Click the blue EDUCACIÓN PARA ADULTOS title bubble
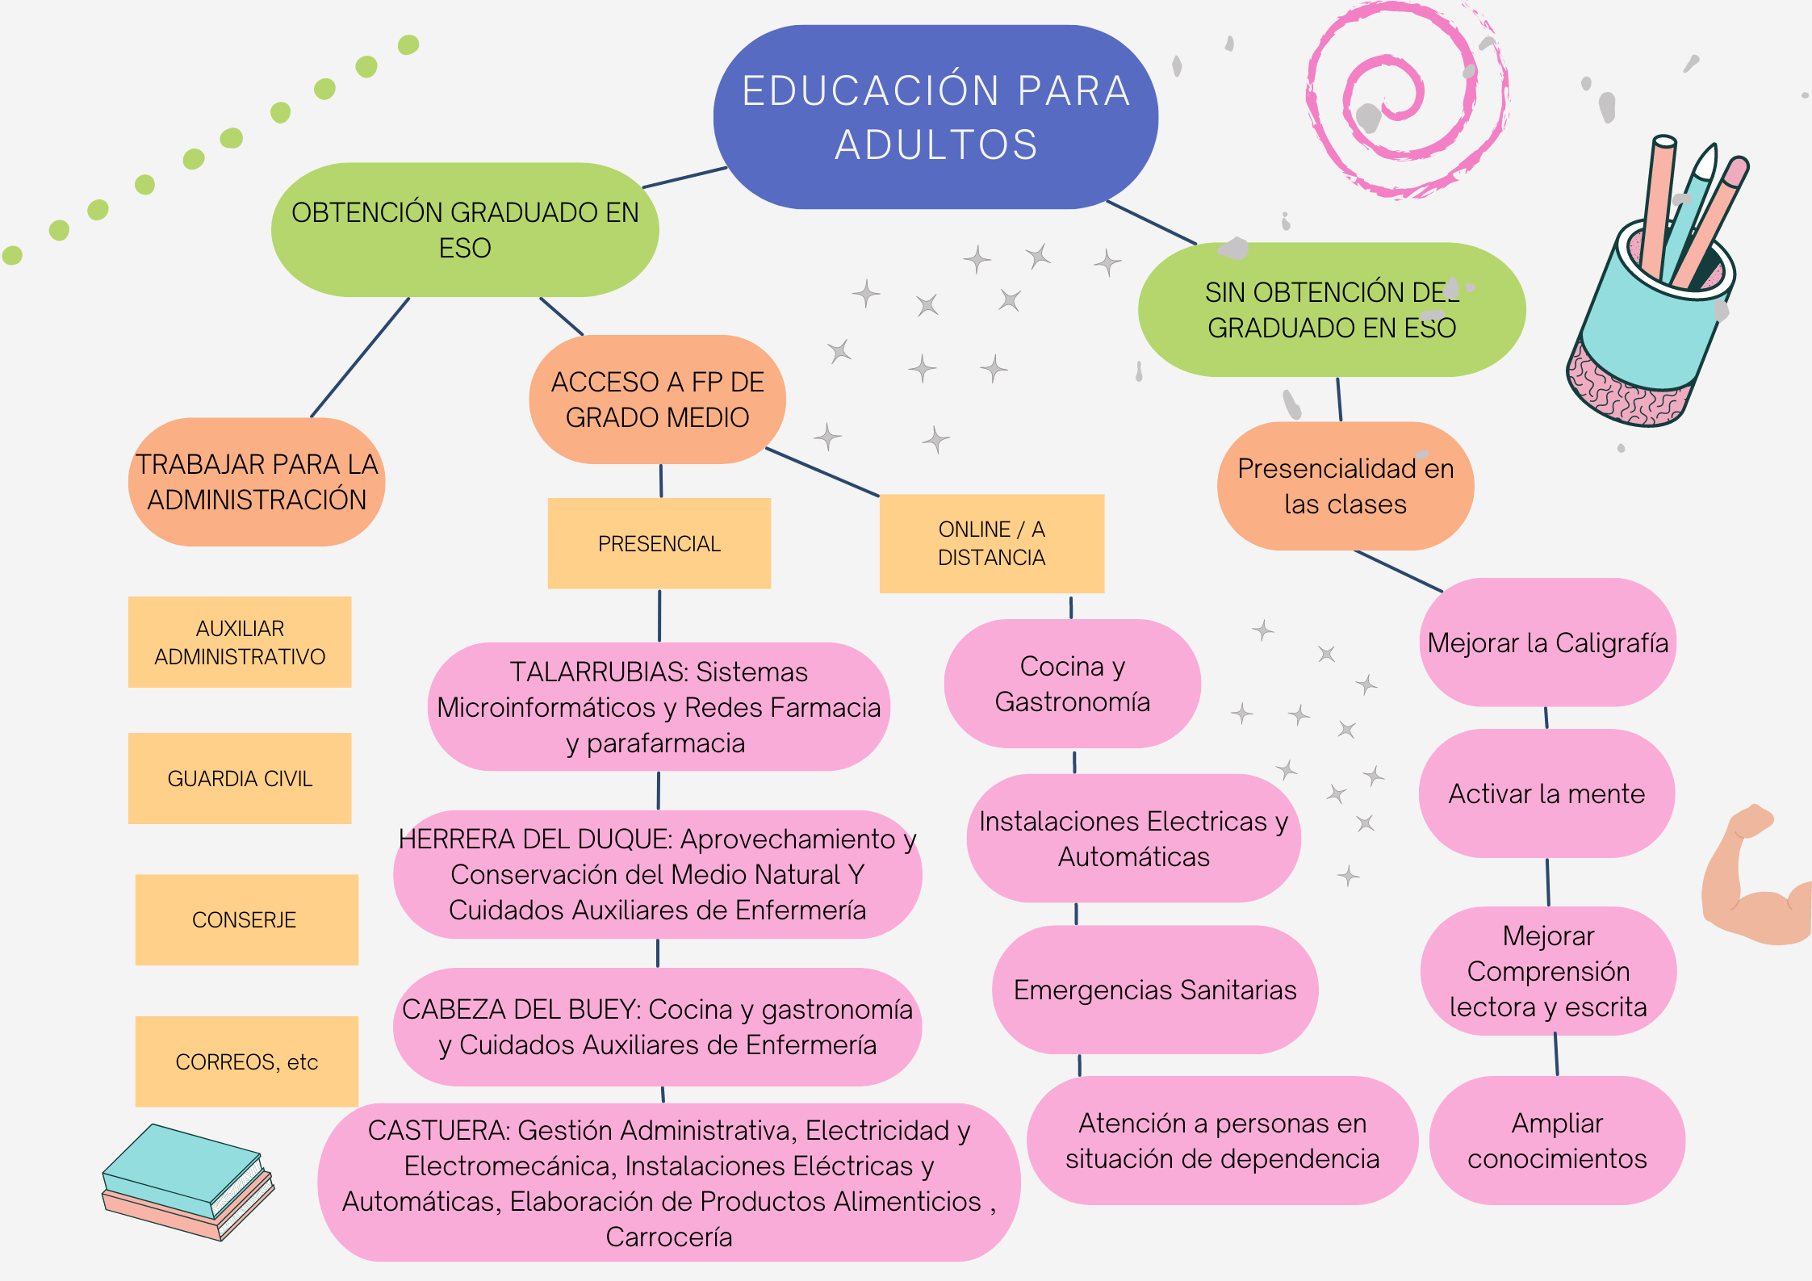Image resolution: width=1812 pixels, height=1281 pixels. coord(935,117)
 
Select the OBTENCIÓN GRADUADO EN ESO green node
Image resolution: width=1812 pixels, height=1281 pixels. coord(465,230)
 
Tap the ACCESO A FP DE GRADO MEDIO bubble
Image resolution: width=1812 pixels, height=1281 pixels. coord(657,400)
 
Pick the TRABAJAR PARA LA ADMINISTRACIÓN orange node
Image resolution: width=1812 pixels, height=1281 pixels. coord(257,482)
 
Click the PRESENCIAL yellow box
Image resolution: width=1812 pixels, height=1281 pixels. coord(659,543)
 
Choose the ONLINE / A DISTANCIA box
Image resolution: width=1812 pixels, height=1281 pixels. coord(992,543)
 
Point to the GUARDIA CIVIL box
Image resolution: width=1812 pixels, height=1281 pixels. coord(240,778)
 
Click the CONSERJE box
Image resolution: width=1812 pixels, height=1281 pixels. coord(247,919)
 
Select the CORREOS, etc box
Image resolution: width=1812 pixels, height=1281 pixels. coord(247,1061)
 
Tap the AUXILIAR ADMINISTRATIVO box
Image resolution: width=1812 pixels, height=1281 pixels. coord(240,642)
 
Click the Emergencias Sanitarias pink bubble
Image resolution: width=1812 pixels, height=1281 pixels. coord(1155,990)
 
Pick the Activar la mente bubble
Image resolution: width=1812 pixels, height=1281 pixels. coord(1546,793)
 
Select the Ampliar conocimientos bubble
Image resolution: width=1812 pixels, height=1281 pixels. coord(1557,1141)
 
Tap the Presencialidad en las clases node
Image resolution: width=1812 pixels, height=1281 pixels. coord(1345,486)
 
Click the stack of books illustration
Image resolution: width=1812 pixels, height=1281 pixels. coord(188,1182)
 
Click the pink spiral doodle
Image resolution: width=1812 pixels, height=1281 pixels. coord(1406,98)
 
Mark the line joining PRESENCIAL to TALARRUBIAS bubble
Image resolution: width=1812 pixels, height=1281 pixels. coord(659,615)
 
